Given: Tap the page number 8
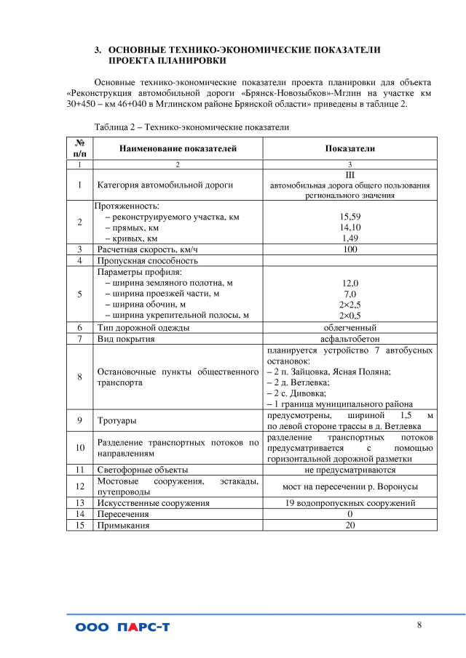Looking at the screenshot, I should (419, 625).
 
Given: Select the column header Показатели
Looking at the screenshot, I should (349, 148).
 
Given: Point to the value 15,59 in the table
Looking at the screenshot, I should (349, 217).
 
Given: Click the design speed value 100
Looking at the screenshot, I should (349, 249).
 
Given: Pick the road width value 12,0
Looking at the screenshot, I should (349, 283).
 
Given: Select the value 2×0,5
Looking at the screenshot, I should (349, 315).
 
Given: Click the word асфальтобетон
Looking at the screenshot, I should (349, 339).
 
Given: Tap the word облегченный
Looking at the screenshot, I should (349, 327).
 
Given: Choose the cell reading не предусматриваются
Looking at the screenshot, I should (349, 470).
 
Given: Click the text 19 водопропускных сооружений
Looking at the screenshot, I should (349, 502).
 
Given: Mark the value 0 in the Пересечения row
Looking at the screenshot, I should (349, 513).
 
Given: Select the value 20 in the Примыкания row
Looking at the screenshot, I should (349, 524).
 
